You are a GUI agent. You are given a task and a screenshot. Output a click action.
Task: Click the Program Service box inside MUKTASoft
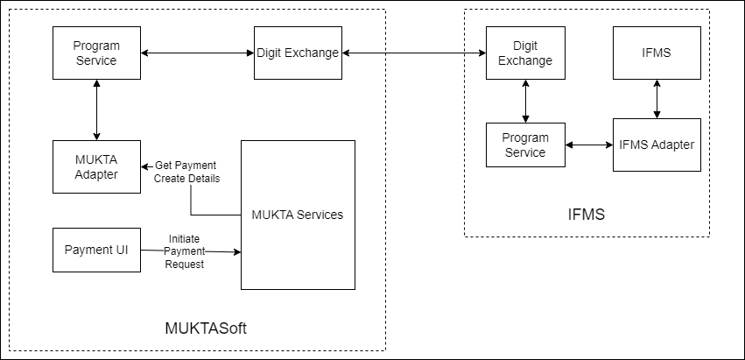96,53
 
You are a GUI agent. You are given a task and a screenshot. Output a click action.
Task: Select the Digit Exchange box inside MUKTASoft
298,53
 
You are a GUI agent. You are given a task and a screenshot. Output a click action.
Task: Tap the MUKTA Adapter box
96,166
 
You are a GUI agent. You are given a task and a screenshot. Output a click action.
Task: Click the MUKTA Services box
298,215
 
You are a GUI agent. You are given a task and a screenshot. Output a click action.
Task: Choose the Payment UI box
96,250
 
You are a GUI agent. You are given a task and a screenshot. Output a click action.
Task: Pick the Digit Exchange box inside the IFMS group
525,53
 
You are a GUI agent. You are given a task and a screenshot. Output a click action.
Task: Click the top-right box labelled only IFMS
657,53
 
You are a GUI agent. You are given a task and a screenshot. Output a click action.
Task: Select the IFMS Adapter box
657,145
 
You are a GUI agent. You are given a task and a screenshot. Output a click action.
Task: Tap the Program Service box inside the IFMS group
525,145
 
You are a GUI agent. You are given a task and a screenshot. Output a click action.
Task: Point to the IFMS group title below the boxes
587,213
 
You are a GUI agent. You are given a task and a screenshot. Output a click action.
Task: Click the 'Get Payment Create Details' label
186,172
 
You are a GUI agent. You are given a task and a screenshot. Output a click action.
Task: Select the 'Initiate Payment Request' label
185,251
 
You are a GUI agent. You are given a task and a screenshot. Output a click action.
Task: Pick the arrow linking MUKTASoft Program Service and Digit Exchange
197,53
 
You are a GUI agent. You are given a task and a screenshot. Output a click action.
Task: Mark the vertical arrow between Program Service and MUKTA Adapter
96,109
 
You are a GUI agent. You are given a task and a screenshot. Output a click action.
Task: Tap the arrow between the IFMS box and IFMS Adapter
657,98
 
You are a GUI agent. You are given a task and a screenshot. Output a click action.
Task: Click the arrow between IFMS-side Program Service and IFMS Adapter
588,145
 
